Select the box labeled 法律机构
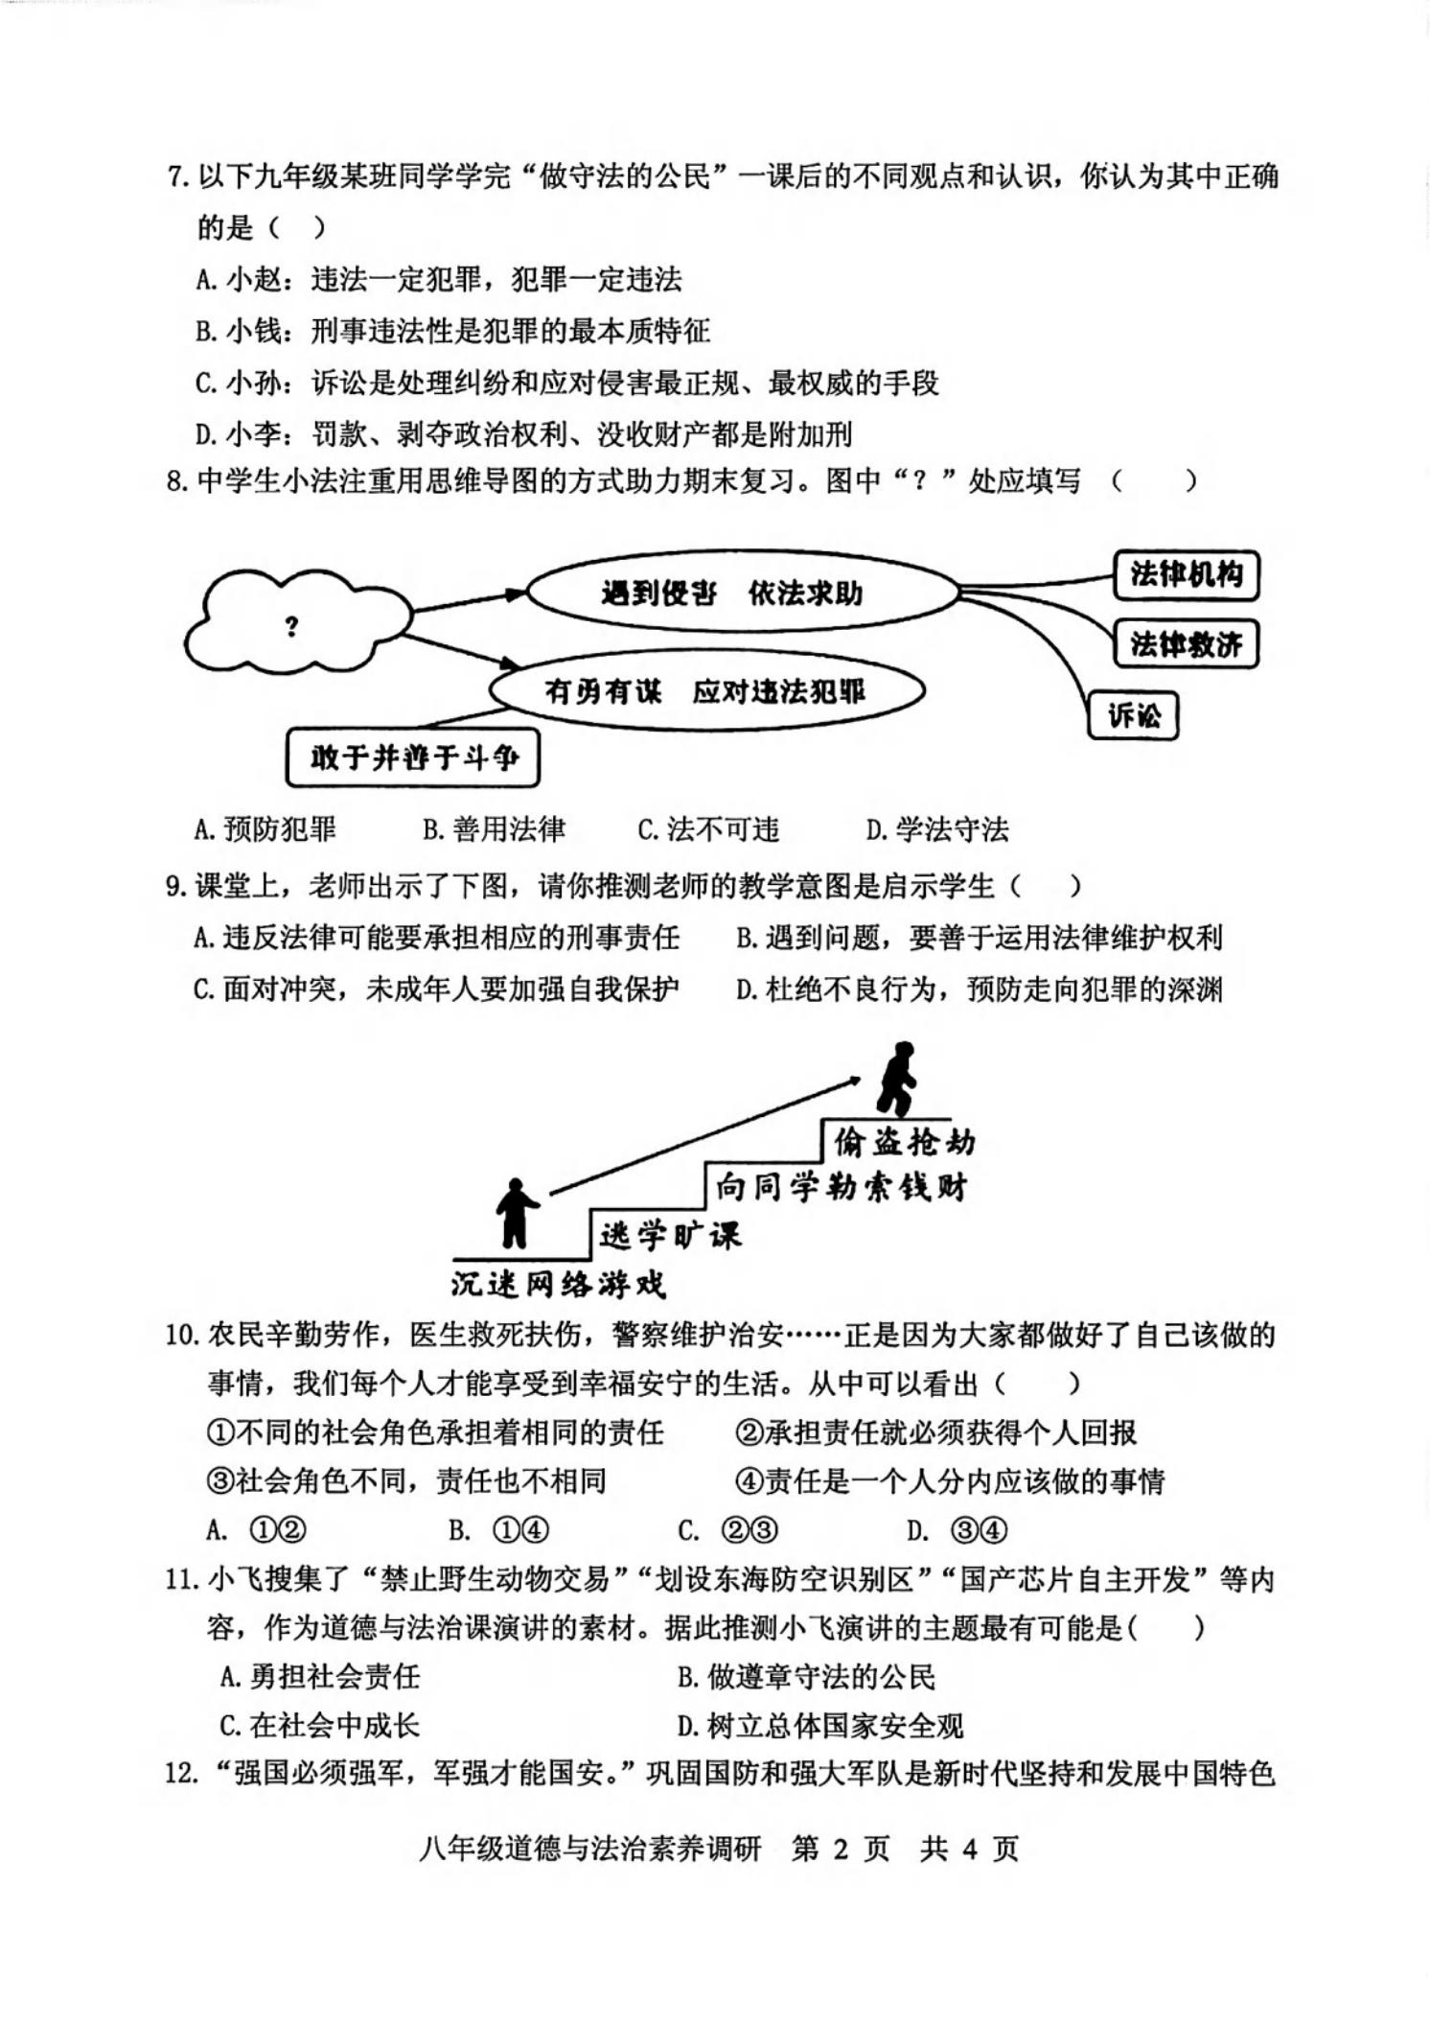point(1186,575)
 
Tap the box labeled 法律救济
point(1186,644)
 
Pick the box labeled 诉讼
point(1133,715)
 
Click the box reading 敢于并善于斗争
point(413,758)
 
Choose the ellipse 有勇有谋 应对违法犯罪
point(706,691)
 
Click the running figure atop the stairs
point(897,1079)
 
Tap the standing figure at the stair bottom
point(516,1213)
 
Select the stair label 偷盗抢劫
point(904,1142)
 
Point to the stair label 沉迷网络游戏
point(558,1284)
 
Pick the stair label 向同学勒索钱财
point(842,1188)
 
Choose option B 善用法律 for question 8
point(495,829)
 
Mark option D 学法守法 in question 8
point(937,829)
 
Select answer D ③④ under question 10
point(957,1530)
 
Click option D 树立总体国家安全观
point(820,1726)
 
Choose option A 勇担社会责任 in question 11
point(320,1676)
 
